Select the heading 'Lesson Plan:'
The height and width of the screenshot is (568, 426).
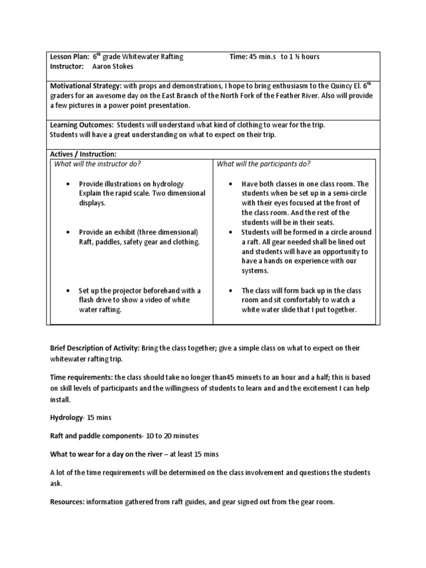(x=70, y=57)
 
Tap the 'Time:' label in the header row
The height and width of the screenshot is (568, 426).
(x=239, y=57)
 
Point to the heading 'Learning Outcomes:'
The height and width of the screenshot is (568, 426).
(x=82, y=125)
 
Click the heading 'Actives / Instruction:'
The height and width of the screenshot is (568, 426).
(x=83, y=154)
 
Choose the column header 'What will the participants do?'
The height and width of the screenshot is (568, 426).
(x=263, y=164)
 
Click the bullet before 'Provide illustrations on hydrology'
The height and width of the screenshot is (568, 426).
(x=67, y=184)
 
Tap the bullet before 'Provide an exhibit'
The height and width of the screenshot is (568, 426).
(x=67, y=232)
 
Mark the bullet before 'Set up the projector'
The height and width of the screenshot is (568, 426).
(x=67, y=291)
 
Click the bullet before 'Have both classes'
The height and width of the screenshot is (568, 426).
(x=230, y=184)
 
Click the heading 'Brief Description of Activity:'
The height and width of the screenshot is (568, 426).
(x=94, y=348)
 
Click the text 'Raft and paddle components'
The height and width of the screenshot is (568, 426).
(x=94, y=436)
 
